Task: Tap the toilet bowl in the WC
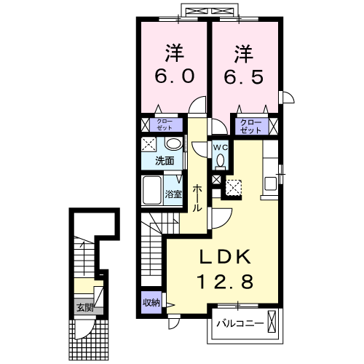click(x=220, y=161)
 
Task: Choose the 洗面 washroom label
click(x=165, y=161)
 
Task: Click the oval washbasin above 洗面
click(x=173, y=143)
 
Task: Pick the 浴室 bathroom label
click(x=173, y=194)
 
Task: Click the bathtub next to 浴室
click(x=152, y=191)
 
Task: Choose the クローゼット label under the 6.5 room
click(x=250, y=125)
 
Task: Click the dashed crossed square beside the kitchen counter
click(x=234, y=187)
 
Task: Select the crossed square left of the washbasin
click(x=149, y=143)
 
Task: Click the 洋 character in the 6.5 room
click(x=243, y=52)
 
